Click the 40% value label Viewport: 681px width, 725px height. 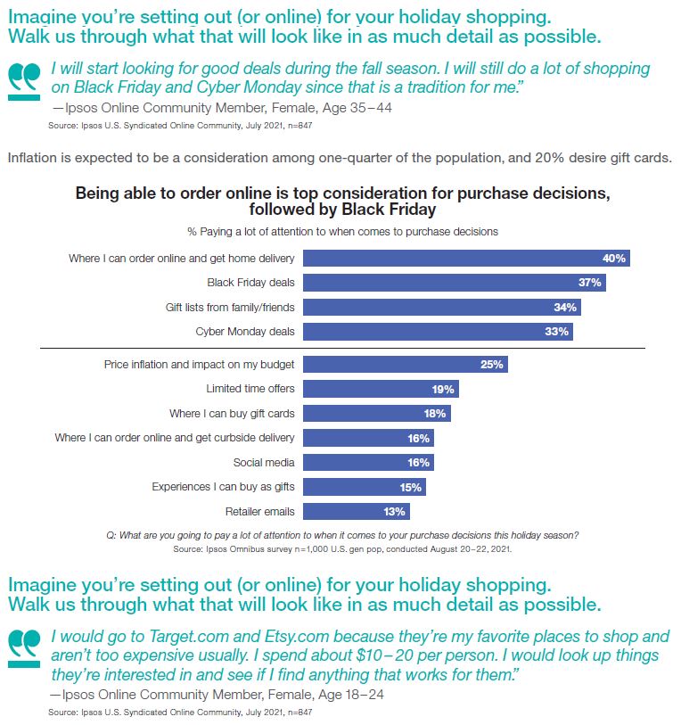click(x=614, y=259)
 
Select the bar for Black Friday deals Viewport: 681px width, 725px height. click(x=455, y=283)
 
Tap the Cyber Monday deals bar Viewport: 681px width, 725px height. click(x=437, y=332)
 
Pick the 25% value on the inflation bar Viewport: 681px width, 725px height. click(x=492, y=365)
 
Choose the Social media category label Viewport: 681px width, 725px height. click(x=264, y=463)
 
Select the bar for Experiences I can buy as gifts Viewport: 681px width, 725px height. click(x=364, y=487)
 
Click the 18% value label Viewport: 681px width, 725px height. click(x=435, y=414)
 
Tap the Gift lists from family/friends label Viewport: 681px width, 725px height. click(x=230, y=308)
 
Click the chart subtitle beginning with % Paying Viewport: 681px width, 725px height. click(x=342, y=231)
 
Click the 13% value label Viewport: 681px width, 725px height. click(x=395, y=512)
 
